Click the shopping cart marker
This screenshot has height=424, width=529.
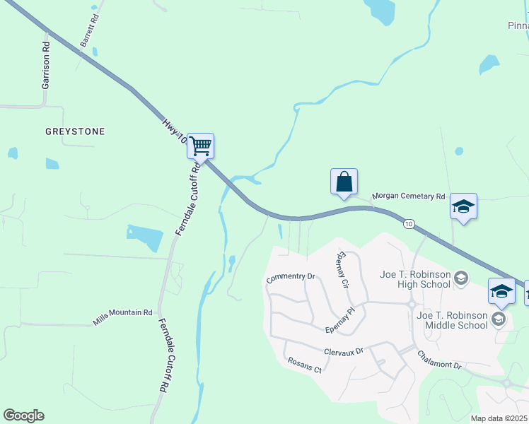(201, 146)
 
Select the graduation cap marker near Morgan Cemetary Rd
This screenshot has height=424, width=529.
(463, 206)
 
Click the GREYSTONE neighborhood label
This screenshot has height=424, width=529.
(75, 131)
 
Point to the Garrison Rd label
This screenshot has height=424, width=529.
(46, 64)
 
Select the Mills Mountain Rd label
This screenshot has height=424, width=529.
(122, 317)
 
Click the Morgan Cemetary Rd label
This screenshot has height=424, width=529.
(409, 196)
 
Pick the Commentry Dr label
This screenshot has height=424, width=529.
(290, 278)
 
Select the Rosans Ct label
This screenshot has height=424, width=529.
(305, 365)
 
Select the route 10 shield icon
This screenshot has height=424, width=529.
(409, 224)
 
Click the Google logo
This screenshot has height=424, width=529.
(23, 416)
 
